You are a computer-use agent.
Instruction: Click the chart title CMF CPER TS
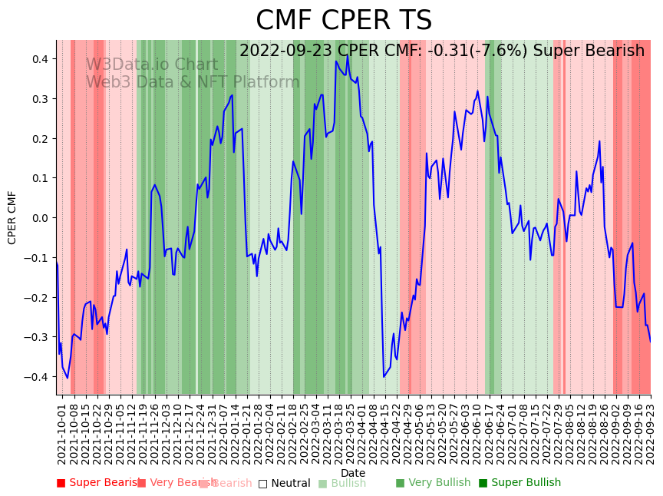pyautogui.click(x=344, y=21)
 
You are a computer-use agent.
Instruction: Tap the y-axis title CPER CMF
pyautogui.click(x=12, y=217)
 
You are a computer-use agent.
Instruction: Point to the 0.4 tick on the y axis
pyautogui.click(x=39, y=59)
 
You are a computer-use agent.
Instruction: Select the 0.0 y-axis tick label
pyautogui.click(x=39, y=218)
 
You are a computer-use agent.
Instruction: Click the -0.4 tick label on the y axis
pyautogui.click(x=37, y=377)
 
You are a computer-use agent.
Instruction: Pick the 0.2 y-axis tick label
pyautogui.click(x=39, y=138)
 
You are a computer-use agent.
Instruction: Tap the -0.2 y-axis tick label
pyautogui.click(x=37, y=297)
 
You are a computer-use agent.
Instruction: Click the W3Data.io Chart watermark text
pyautogui.click(x=151, y=64)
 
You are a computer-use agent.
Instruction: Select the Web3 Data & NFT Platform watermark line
pyautogui.click(x=192, y=82)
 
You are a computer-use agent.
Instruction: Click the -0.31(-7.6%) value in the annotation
pyautogui.click(x=478, y=51)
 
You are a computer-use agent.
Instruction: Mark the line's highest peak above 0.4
pyautogui.click(x=347, y=55)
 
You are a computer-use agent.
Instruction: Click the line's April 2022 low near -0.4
pyautogui.click(x=384, y=376)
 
